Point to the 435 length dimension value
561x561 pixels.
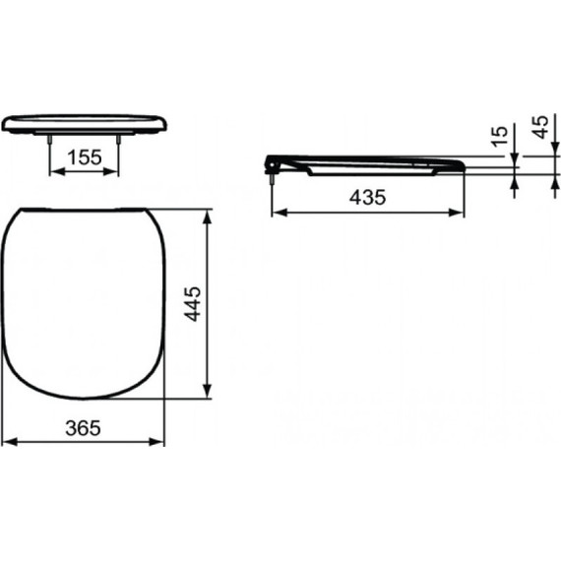[x=367, y=196]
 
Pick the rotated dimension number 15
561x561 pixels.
[x=500, y=135]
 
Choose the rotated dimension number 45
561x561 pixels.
[x=539, y=127]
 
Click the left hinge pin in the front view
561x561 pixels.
[x=50, y=141]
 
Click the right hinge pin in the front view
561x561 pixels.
[x=119, y=141]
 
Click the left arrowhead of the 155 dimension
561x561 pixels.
[x=55, y=170]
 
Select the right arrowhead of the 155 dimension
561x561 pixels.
[x=114, y=170]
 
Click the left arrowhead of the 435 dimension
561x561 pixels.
[x=278, y=211]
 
